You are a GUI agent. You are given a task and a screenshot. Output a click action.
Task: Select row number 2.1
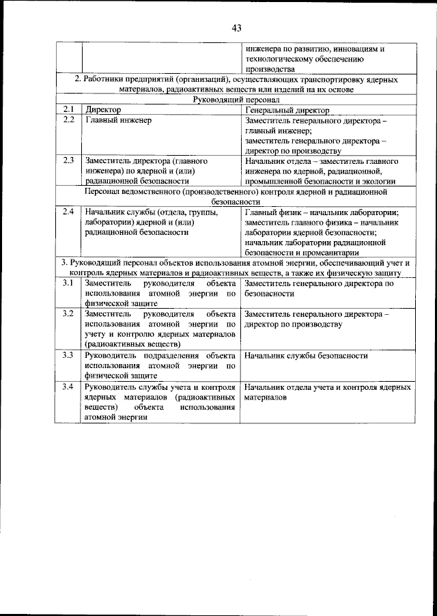(68, 109)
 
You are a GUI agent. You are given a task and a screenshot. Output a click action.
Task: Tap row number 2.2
(68, 120)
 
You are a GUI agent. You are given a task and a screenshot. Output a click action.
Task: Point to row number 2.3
(68, 160)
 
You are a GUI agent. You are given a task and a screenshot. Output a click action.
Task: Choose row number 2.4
(68, 212)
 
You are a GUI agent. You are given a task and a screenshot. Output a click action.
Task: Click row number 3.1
(68, 283)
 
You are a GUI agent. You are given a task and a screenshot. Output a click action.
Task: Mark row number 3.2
(68, 313)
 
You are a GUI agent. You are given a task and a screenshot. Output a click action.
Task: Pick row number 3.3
(68, 355)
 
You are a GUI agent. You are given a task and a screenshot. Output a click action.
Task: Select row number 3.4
(68, 387)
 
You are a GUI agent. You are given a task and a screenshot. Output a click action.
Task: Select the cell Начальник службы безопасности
(305, 355)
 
